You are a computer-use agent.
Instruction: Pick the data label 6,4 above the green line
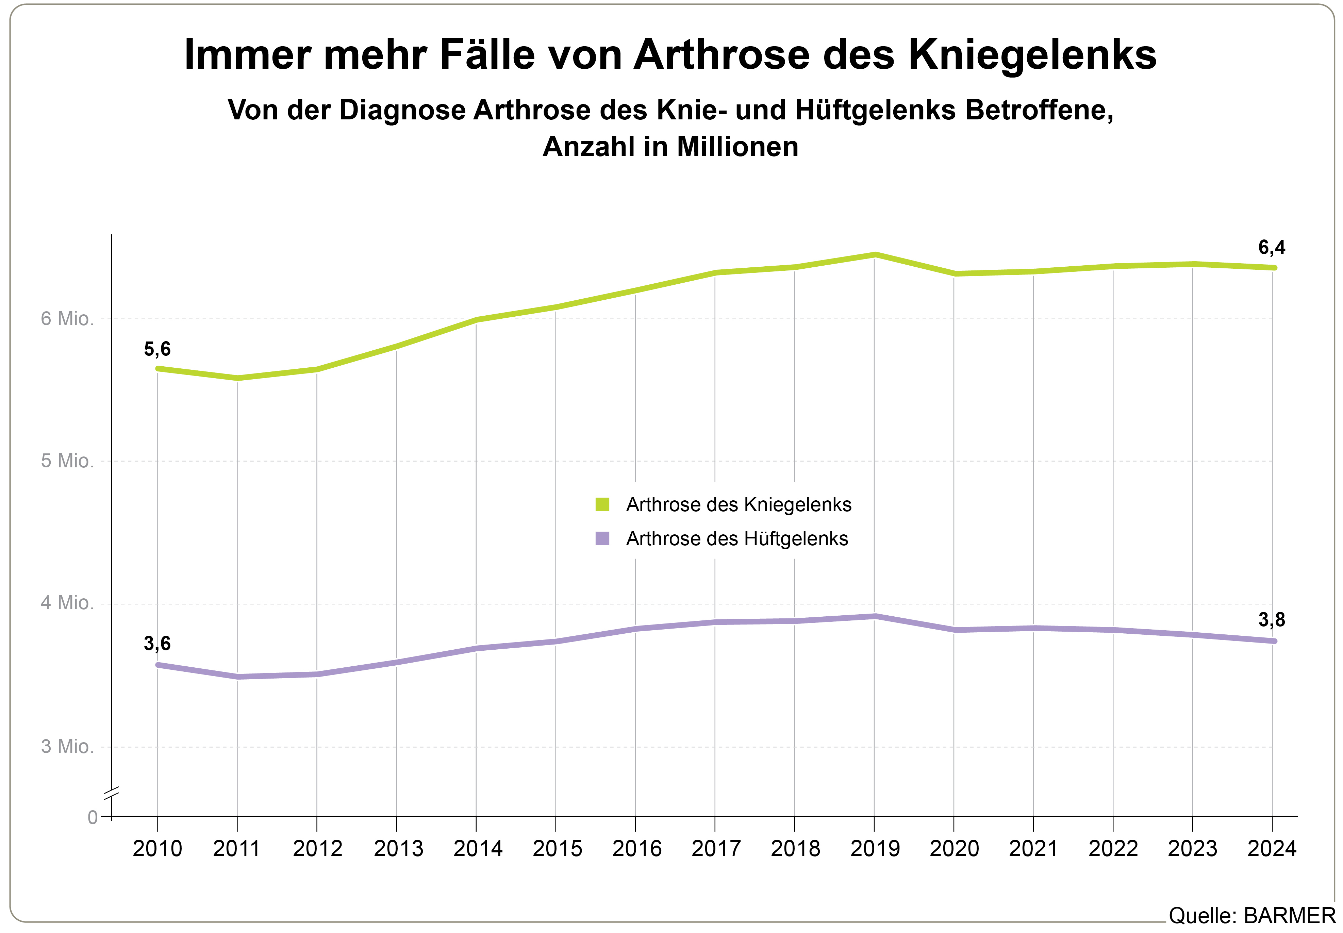1271,247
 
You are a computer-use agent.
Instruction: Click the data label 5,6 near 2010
157,349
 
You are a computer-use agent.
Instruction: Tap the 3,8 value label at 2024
1271,620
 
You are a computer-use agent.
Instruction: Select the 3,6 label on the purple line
157,644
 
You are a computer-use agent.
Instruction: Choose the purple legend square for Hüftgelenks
602,538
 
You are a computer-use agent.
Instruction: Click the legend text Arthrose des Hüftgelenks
737,538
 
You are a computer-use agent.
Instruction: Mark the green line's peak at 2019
875,254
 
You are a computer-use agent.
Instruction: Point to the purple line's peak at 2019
875,616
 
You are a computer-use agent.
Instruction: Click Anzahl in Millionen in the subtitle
670,147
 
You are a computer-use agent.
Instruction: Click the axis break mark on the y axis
112,793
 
